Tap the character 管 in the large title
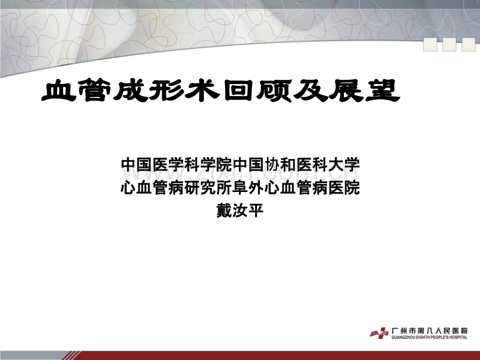95,91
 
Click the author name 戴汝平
240,211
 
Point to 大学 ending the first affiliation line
343,165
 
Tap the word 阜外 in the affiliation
248,188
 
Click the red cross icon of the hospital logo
380,333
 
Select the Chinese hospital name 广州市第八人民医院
430,331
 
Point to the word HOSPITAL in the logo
459,338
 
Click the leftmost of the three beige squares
430,45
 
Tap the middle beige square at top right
449,45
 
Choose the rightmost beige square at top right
469,45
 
